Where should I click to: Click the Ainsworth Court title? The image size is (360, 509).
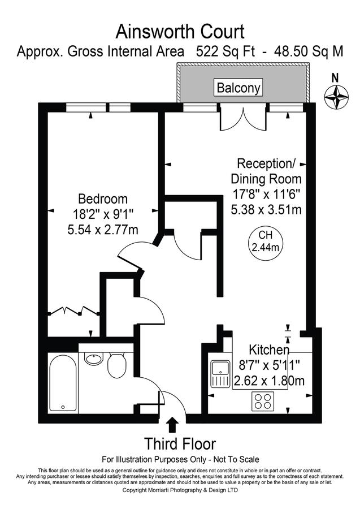(x=180, y=30)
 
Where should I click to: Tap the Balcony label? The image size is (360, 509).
(x=238, y=88)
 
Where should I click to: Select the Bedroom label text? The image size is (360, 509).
(x=102, y=199)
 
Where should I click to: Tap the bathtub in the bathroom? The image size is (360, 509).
(x=62, y=383)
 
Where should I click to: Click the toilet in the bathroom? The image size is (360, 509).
(x=118, y=366)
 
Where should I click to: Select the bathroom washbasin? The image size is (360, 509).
(x=93, y=359)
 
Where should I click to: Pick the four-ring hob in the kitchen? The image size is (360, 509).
(x=262, y=401)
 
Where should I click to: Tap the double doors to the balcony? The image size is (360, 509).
(x=233, y=117)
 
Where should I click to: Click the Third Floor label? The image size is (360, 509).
(x=180, y=443)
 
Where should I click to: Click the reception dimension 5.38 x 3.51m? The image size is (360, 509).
(x=266, y=209)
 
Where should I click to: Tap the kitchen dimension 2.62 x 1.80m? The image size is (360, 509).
(x=268, y=381)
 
